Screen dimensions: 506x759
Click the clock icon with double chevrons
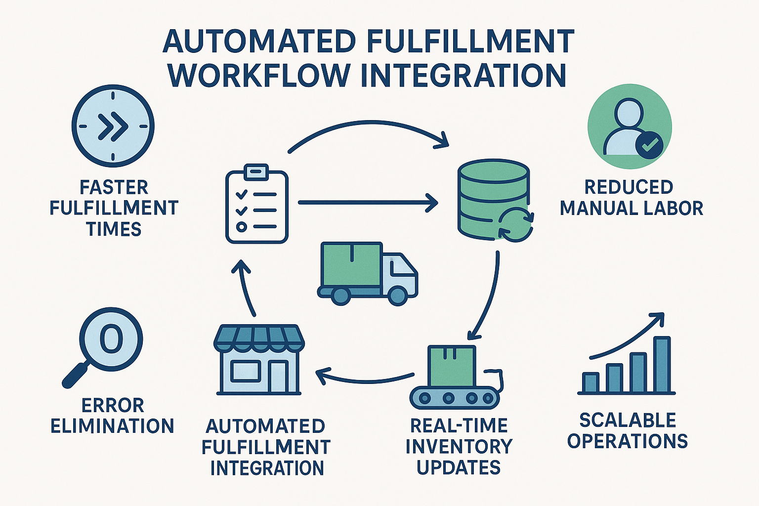tap(113, 126)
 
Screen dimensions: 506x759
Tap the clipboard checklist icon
tap(256, 206)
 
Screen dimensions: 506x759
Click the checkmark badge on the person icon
tap(649, 144)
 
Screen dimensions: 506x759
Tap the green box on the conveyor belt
tap(452, 366)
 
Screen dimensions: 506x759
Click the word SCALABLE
tap(628, 421)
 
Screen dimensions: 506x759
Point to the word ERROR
tap(113, 406)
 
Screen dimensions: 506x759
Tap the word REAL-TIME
tap(459, 426)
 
